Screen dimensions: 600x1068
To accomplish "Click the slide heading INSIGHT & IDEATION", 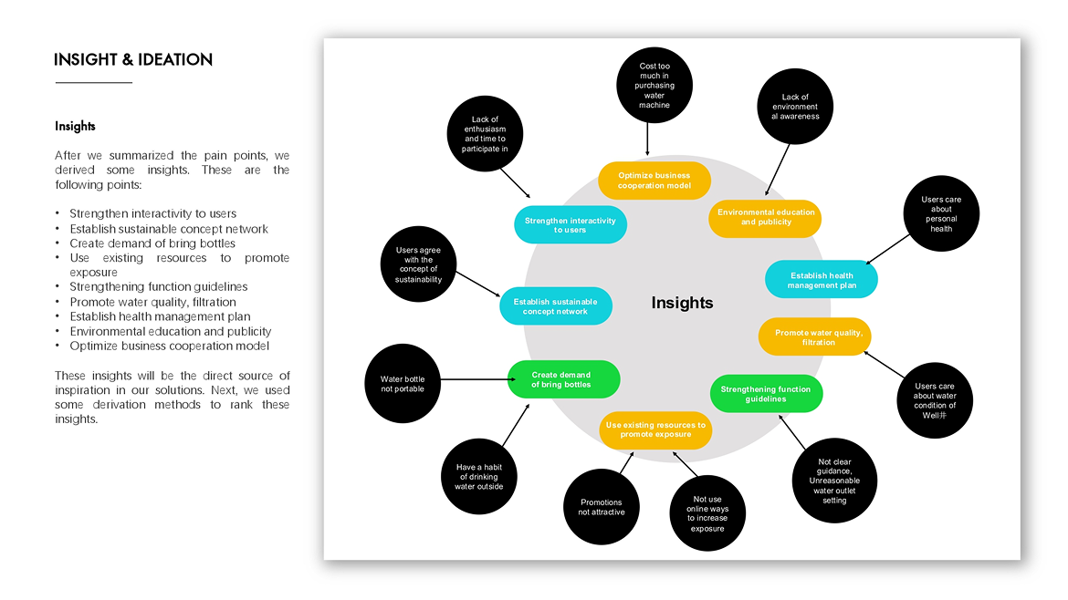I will click(x=133, y=60).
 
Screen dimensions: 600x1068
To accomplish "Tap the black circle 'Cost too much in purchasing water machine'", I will click(x=654, y=85).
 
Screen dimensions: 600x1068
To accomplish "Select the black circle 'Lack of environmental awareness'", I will click(x=795, y=108).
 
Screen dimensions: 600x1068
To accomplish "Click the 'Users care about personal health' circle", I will click(x=941, y=214).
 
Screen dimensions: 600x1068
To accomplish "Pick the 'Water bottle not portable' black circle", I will click(x=403, y=384).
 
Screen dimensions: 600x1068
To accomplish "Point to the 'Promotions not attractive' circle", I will click(x=602, y=507).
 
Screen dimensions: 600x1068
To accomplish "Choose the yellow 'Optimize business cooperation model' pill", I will click(x=654, y=181).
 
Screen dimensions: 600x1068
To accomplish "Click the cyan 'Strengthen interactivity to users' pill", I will click(x=571, y=225).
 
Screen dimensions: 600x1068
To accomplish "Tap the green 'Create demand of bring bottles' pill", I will click(x=563, y=379).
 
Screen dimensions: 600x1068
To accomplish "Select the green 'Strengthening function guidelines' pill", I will click(x=766, y=394).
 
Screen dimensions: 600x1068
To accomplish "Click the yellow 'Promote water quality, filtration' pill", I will click(x=814, y=337).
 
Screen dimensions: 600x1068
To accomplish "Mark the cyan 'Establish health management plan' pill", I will click(x=822, y=280).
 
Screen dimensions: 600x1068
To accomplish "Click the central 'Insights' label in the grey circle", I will click(x=682, y=304).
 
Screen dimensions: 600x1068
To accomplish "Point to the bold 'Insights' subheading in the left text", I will click(x=75, y=127).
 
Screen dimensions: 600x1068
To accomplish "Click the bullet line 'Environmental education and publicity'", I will click(x=171, y=331).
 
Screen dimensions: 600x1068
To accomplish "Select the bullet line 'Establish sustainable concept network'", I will click(x=169, y=229).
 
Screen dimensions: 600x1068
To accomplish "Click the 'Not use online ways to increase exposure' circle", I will click(x=707, y=513).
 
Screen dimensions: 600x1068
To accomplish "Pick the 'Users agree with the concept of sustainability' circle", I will click(x=418, y=264).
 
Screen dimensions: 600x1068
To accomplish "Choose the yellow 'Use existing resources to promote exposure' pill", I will click(x=655, y=429).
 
